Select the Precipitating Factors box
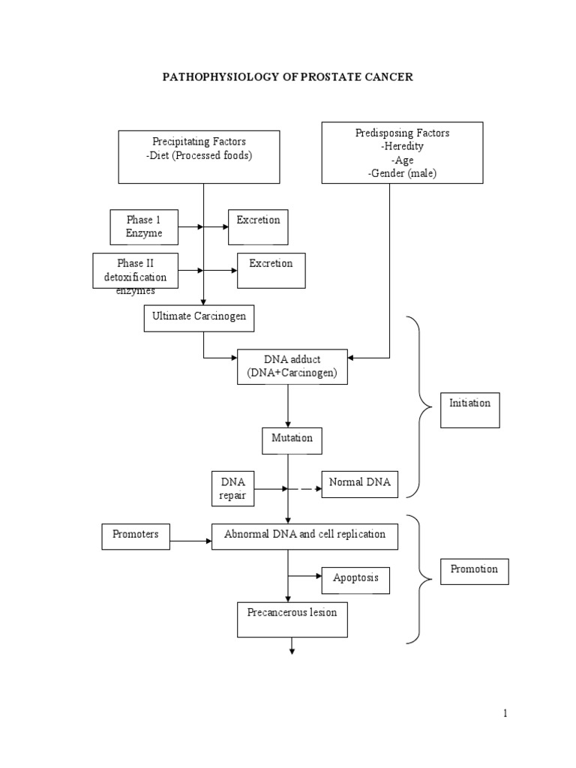point(199,157)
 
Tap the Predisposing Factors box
point(402,153)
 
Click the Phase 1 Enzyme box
point(143,227)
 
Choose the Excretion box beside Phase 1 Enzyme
point(258,227)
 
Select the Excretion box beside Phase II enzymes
point(271,271)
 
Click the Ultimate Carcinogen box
point(199,318)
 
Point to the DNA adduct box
point(292,367)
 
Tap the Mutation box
point(292,440)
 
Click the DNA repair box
point(232,488)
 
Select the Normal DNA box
point(359,484)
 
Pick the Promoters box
point(135,536)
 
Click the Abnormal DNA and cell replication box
point(304,536)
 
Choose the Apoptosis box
point(355,580)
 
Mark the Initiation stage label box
point(469,409)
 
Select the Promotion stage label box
point(474,571)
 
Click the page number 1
point(505,713)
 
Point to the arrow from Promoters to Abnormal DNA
point(190,540)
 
